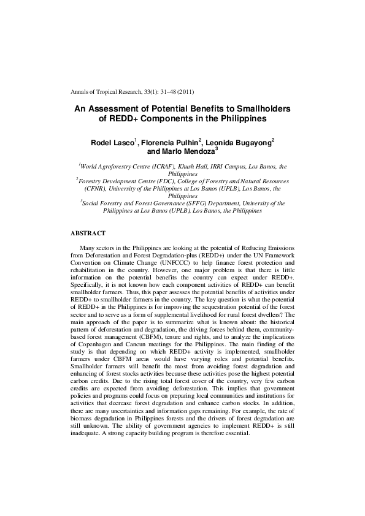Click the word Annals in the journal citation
[81, 92]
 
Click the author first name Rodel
[101, 142]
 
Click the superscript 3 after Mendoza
[216, 150]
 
